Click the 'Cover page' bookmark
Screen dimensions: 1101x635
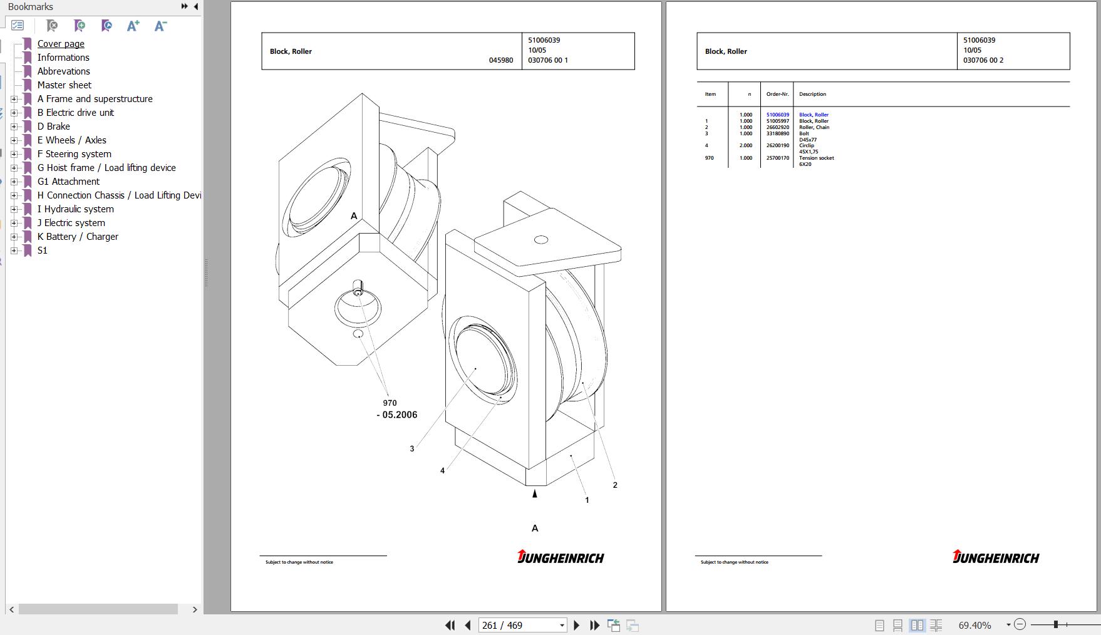point(61,44)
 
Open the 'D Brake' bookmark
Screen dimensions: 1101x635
point(53,126)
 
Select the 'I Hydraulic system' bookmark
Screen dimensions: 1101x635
point(75,209)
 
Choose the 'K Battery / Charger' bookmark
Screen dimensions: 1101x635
point(78,237)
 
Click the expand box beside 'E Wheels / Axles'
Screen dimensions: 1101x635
point(14,140)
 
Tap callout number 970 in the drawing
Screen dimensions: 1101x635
point(390,403)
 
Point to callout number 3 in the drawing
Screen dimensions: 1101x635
point(412,448)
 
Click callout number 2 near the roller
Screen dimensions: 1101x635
point(615,485)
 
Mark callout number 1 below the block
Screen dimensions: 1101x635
point(587,500)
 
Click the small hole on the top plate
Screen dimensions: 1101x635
point(541,239)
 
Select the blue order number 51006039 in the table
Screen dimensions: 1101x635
point(778,115)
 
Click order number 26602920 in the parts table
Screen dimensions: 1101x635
point(778,127)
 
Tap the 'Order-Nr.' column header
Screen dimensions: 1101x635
point(777,94)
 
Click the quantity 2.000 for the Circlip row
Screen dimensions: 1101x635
point(746,145)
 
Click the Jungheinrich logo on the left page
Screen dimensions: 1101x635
point(561,557)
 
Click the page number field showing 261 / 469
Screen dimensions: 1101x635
point(522,625)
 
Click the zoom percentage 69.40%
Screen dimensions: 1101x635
point(975,625)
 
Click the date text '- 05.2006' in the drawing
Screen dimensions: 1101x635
point(397,415)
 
